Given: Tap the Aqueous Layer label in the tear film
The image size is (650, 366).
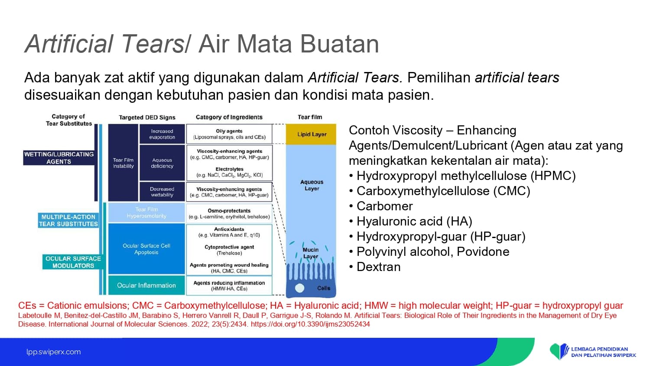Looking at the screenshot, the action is pos(312,185).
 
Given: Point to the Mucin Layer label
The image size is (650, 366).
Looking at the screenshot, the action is pos(311,253).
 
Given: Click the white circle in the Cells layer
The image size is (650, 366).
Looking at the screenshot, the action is pos(299,288).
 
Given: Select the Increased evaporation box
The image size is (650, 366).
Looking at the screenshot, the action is pos(162,134).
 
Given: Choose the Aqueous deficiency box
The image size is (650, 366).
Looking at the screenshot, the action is pos(162,163).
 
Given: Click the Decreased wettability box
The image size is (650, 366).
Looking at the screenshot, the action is pos(162,192).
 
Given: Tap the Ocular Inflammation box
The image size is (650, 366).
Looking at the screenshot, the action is pos(146,285).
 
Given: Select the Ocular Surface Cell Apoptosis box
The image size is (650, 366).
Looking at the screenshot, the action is pos(146,249).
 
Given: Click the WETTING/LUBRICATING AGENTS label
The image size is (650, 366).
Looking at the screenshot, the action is pos(59,158).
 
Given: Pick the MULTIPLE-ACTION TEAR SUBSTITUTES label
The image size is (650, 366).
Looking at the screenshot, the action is pos(68,220).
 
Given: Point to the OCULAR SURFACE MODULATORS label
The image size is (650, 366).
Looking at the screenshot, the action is pos(73,262).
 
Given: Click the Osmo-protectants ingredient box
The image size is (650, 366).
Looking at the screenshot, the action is pos(229,213).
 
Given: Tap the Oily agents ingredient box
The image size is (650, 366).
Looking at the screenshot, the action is pos(229,134).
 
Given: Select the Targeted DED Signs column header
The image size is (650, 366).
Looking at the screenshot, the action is pos(147,118).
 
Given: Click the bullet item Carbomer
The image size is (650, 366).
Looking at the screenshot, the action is pos(381,206).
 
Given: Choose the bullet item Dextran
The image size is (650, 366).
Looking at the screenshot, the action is pos(375,267).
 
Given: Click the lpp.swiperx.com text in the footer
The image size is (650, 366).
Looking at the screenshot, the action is pos(54,352).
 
